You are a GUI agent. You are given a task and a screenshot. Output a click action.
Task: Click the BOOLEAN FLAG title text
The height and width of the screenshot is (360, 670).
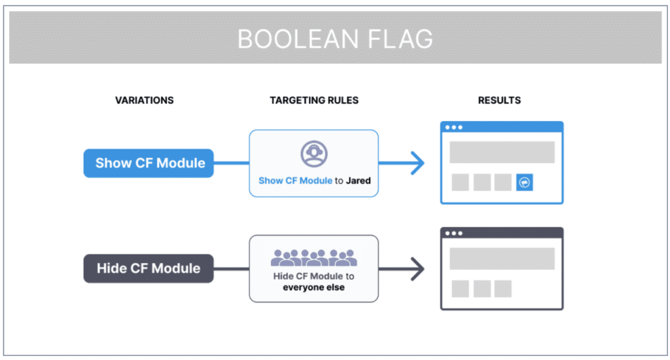335,39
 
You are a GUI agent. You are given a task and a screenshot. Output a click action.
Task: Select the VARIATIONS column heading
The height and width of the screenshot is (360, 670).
145,100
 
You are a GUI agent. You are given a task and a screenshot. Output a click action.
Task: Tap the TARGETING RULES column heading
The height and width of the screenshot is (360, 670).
314,100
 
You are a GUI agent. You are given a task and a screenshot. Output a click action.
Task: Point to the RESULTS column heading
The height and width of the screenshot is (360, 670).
499,100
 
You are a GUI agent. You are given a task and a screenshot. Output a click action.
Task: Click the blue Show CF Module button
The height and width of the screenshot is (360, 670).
149,163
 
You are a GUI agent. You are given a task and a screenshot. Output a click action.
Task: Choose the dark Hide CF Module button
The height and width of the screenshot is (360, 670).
149,268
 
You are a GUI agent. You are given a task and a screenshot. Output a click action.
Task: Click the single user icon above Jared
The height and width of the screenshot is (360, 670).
314,153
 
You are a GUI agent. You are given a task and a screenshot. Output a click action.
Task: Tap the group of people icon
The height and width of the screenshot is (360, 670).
314,257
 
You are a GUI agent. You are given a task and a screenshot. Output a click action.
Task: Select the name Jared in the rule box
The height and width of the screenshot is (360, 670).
359,180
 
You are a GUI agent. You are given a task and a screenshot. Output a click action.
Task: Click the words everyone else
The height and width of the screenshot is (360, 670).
314,287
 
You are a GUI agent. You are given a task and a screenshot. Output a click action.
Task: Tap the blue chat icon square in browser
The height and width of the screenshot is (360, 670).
525,183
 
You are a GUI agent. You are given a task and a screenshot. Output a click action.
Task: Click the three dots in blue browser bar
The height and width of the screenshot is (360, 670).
453,128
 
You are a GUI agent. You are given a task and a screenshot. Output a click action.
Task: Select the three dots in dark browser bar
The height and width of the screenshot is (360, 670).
453,234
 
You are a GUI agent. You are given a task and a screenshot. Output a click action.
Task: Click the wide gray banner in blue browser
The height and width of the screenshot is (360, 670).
502,152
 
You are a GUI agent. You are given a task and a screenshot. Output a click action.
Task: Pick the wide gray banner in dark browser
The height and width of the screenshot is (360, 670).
502,259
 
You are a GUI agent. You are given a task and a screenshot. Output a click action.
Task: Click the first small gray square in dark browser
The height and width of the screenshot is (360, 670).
460,289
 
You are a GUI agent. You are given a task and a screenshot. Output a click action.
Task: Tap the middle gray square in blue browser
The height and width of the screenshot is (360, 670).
482,183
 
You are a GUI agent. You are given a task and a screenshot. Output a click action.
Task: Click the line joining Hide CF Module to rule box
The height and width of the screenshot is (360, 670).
231,268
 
